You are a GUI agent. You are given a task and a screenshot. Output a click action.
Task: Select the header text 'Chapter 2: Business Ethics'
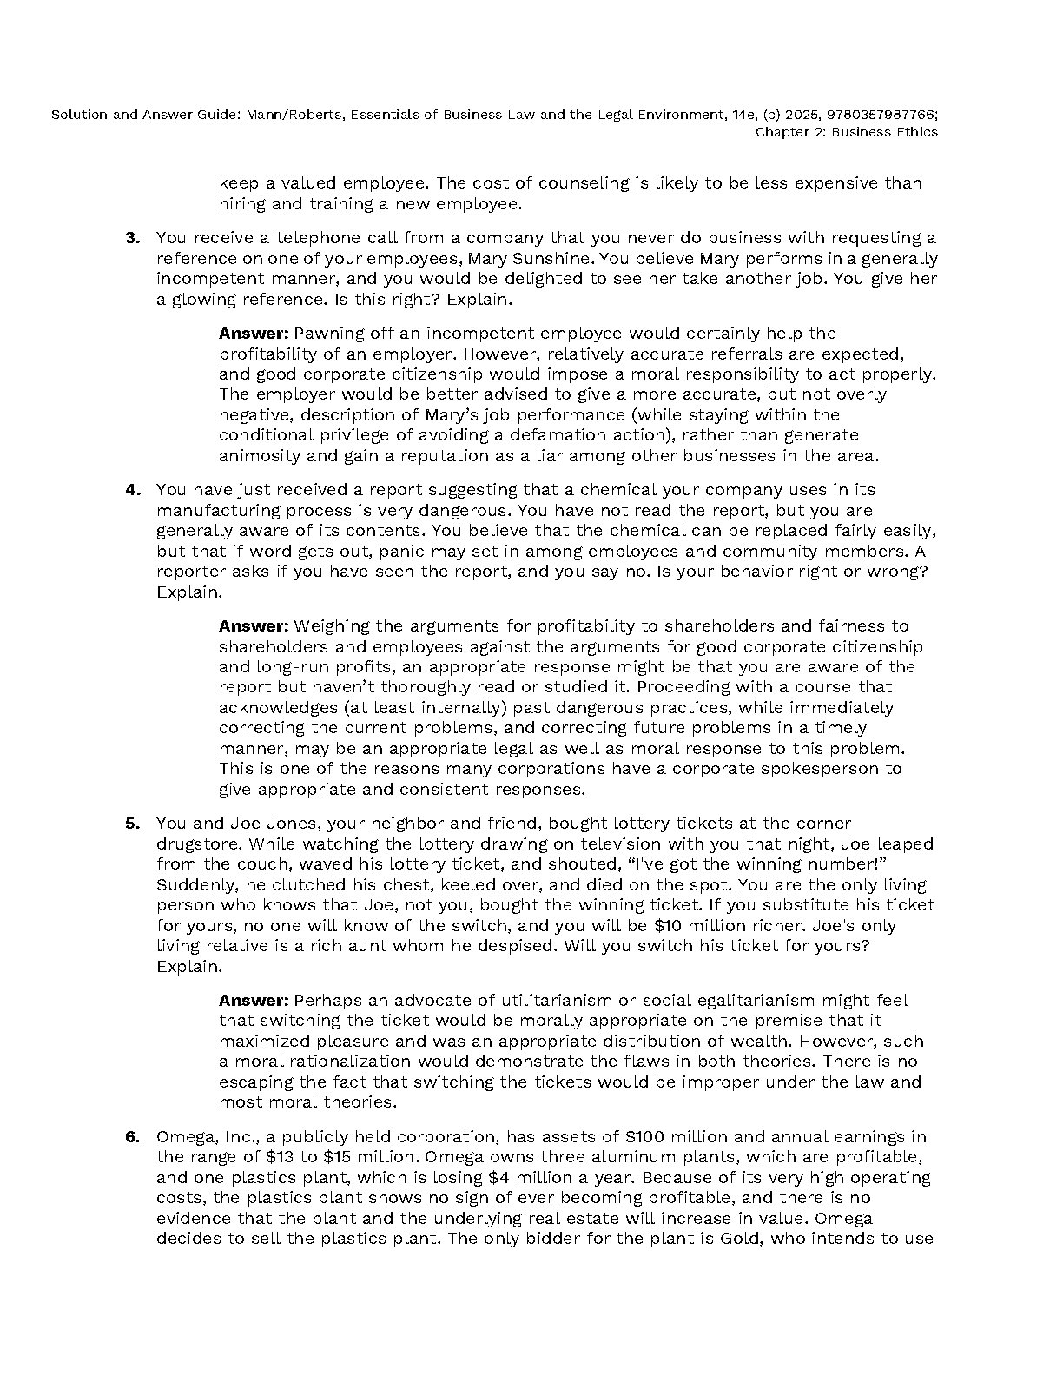point(846,132)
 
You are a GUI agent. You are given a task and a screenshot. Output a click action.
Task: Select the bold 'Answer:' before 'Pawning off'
point(254,334)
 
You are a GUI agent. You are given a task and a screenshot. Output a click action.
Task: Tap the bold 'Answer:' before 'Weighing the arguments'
point(254,626)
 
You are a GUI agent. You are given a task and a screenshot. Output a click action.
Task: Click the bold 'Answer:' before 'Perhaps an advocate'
point(254,1001)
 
